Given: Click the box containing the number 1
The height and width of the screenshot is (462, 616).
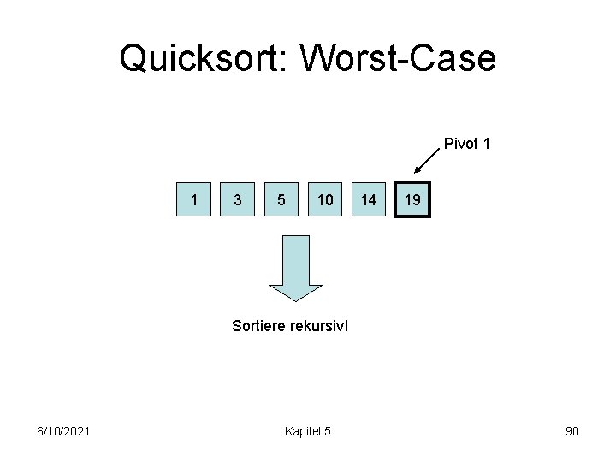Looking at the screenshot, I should (x=196, y=200).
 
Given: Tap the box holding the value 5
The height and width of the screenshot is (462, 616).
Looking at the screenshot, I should (x=282, y=200).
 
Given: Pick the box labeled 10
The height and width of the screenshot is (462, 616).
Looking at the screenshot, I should (x=324, y=200).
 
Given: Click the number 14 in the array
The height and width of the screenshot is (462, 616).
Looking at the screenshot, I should (x=368, y=200).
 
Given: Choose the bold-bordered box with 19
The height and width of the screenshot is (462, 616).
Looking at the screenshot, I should (x=412, y=200).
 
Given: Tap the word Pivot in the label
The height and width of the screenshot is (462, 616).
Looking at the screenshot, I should (x=459, y=144).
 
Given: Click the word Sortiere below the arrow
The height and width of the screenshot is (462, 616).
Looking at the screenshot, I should (x=259, y=325).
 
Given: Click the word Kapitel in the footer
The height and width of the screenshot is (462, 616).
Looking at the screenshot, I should (x=301, y=430).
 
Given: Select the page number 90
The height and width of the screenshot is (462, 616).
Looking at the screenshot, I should (x=572, y=430).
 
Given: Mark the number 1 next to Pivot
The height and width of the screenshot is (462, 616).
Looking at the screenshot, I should (x=486, y=144).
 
